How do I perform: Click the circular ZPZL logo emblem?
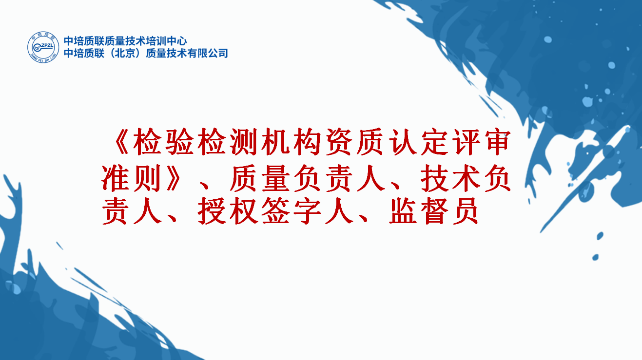pyautogui.click(x=43, y=47)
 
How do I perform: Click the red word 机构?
pyautogui.click(x=292, y=142)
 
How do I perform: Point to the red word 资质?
pyautogui.click(x=355, y=142)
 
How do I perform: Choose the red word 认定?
pyautogui.click(x=419, y=142)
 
